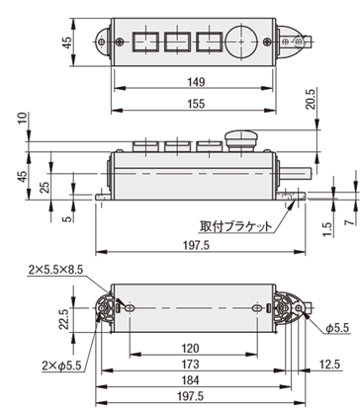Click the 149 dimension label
point(196,82)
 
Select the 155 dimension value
point(196,104)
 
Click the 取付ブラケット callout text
point(236,226)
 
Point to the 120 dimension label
point(191,348)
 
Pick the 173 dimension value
point(191,365)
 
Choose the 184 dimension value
point(191,380)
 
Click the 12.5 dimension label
point(329,365)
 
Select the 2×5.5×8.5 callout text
point(55,270)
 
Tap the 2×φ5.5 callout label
point(61,366)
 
